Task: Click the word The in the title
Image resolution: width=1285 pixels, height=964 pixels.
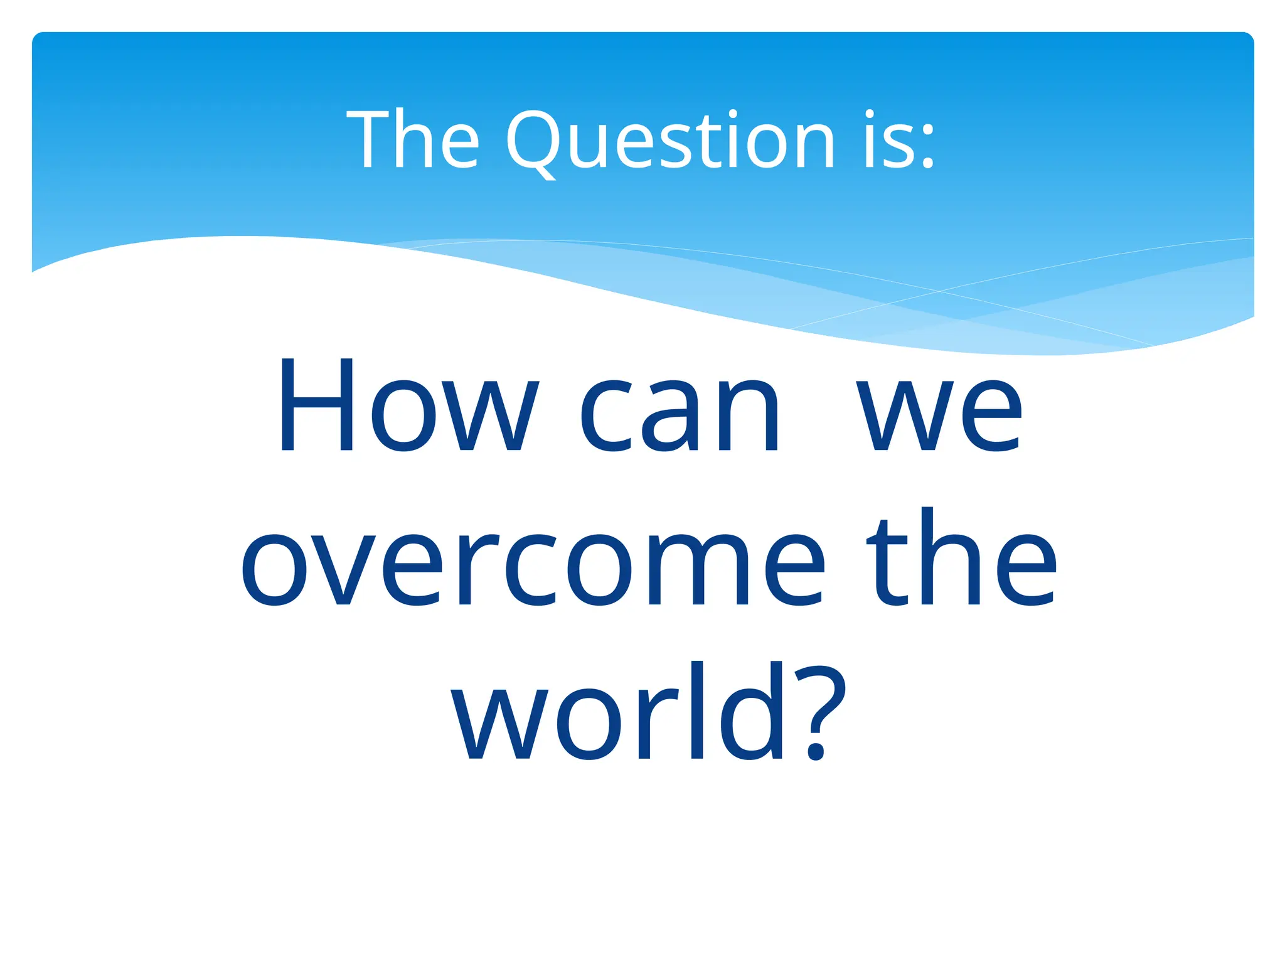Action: (x=413, y=141)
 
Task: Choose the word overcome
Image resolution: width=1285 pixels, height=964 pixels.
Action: (x=532, y=569)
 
